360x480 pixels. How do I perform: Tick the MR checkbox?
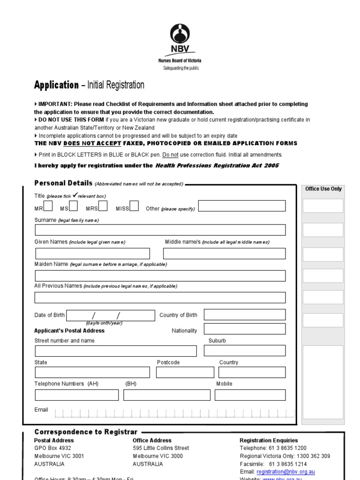click(x=48, y=206)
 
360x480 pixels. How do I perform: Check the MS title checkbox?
click(x=74, y=206)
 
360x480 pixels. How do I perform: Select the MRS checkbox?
click(x=103, y=206)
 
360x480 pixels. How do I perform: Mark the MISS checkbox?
click(x=134, y=206)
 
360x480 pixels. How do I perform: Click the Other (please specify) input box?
click(x=242, y=206)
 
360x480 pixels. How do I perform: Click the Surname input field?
click(x=160, y=230)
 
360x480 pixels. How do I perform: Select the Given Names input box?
click(x=92, y=254)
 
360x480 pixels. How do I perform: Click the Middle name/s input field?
click(x=224, y=254)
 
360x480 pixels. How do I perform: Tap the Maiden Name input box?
click(x=160, y=276)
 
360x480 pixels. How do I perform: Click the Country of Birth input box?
click(x=245, y=315)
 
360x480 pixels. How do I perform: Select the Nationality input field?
click(x=245, y=329)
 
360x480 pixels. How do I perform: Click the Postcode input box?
click(x=185, y=372)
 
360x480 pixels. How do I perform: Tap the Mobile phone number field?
click(x=250, y=395)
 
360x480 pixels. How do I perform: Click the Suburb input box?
click(x=245, y=351)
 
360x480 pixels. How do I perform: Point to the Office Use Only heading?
click(x=323, y=189)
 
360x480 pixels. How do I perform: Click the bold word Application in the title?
click(x=56, y=85)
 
